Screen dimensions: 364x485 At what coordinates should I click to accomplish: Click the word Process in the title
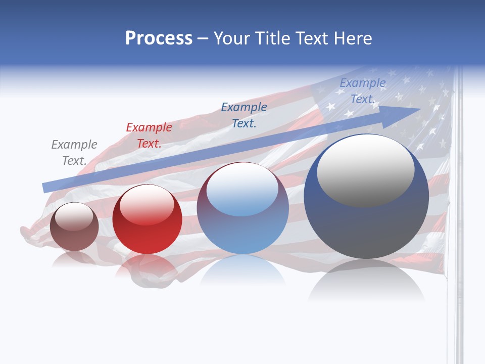[159, 38]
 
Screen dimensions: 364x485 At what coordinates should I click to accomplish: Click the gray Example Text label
[74, 153]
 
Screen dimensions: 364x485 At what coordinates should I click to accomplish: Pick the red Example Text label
[149, 135]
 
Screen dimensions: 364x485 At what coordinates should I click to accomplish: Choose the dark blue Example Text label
[244, 115]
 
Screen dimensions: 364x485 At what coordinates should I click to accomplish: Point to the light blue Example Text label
[362, 91]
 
